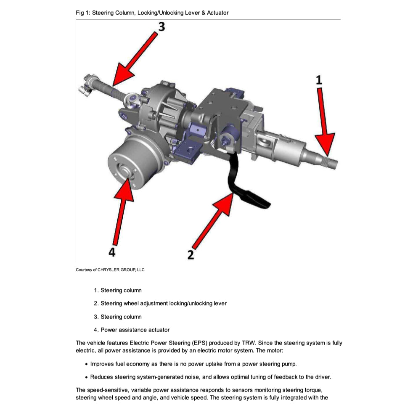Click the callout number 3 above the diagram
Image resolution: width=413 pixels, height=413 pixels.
[161, 26]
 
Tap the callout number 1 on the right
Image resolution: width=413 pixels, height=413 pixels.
[319, 80]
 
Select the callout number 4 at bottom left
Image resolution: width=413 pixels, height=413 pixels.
[112, 252]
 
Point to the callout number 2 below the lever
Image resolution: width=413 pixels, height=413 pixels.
[191, 254]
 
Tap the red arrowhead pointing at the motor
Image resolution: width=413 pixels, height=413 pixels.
[126, 181]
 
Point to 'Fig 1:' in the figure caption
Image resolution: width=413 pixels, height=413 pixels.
[82, 13]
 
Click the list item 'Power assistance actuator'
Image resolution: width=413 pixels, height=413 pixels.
[135, 330]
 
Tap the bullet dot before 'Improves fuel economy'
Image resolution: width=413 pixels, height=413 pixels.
[86, 364]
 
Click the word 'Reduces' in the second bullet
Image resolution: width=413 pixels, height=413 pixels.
[101, 377]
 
